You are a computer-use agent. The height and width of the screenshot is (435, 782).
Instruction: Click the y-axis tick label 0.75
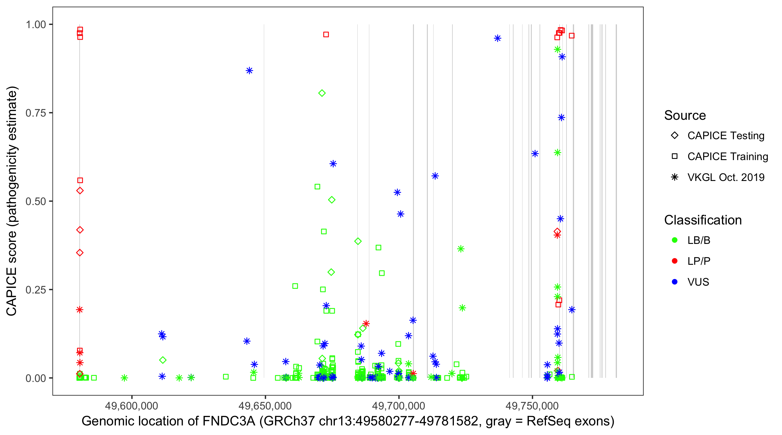pyautogui.click(x=35, y=113)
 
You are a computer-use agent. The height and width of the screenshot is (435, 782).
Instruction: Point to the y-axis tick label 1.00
pyautogui.click(x=35, y=25)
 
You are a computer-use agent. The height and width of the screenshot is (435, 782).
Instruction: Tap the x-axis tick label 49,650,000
pyautogui.click(x=265, y=405)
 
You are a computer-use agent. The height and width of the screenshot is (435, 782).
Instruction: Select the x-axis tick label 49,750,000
pyautogui.click(x=532, y=405)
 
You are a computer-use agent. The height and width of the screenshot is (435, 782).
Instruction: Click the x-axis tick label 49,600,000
pyautogui.click(x=131, y=405)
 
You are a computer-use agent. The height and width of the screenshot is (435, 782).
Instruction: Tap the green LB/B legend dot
pyautogui.click(x=675, y=240)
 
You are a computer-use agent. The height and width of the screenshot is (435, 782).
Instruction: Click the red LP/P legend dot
pyautogui.click(x=675, y=261)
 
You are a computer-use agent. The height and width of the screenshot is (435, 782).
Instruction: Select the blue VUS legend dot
pyautogui.click(x=675, y=282)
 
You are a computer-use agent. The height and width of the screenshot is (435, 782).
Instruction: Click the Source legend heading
pyautogui.click(x=685, y=115)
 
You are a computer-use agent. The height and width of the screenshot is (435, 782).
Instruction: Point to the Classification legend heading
pyautogui.click(x=703, y=220)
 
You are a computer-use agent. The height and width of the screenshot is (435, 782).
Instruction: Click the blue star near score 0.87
pyautogui.click(x=249, y=71)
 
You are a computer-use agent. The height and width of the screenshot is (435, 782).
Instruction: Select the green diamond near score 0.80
pyautogui.click(x=322, y=93)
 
